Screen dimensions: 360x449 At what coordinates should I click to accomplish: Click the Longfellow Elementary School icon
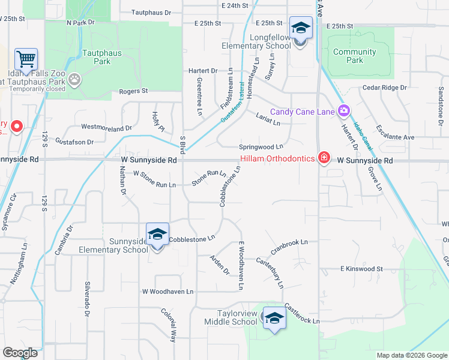(x=301, y=28)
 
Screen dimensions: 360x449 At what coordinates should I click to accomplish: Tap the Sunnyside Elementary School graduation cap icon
(x=157, y=234)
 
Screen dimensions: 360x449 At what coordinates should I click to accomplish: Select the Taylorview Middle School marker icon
(x=274, y=318)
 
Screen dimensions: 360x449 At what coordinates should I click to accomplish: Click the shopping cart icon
(x=26, y=59)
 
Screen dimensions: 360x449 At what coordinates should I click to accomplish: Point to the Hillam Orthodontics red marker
(x=324, y=157)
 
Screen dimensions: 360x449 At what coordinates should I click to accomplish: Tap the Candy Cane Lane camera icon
(x=343, y=110)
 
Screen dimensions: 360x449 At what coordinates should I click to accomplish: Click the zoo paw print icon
(x=74, y=79)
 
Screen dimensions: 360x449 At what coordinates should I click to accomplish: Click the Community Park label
(x=355, y=56)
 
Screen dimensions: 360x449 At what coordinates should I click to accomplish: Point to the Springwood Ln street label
(x=261, y=147)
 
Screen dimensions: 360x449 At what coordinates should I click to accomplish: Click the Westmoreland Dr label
(x=106, y=128)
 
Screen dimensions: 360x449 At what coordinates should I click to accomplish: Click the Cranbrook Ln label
(x=289, y=243)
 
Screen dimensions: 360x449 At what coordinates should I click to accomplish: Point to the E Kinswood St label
(x=361, y=269)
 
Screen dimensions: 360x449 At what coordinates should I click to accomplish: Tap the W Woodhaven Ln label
(x=168, y=292)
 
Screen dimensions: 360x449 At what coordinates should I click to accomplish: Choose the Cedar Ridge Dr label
(x=385, y=88)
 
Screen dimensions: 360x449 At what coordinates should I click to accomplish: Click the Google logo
(x=20, y=353)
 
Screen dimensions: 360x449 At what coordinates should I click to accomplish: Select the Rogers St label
(x=133, y=91)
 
